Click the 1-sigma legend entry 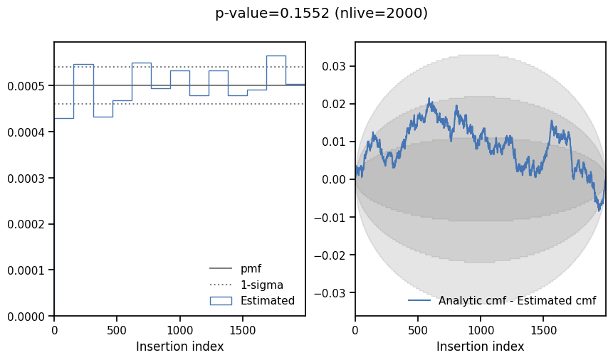246,285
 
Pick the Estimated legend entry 252,300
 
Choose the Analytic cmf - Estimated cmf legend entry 502,300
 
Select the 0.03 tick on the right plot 334,66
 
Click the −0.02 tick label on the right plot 330,255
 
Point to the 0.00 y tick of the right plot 334,179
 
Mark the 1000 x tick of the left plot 180,331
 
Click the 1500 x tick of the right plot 544,331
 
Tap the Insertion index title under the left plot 180,346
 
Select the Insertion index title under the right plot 480,346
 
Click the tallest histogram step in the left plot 276,56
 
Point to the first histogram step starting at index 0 64,118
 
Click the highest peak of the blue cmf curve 429,98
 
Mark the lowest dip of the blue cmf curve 599,211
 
